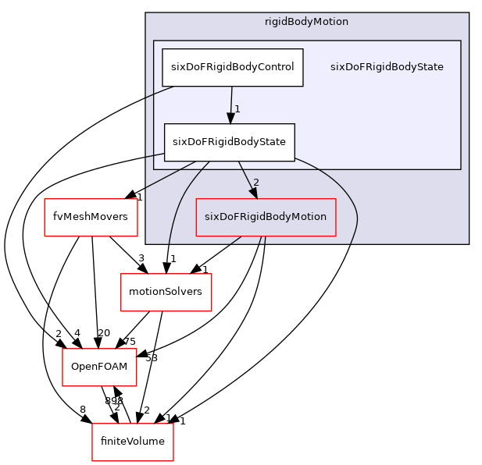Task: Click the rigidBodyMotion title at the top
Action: [x=306, y=21]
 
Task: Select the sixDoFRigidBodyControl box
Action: [x=232, y=67]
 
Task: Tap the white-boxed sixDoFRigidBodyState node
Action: [x=229, y=142]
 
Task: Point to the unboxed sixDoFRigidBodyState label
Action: [x=387, y=67]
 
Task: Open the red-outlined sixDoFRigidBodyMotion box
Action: [x=266, y=217]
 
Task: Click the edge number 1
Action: [x=237, y=109]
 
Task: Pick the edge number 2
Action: [x=256, y=183]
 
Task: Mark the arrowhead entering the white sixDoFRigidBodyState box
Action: [x=230, y=118]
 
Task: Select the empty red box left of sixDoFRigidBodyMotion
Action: [x=91, y=218]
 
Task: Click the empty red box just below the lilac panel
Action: [x=166, y=293]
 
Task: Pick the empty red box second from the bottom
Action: [x=99, y=367]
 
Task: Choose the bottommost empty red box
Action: [x=133, y=442]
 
